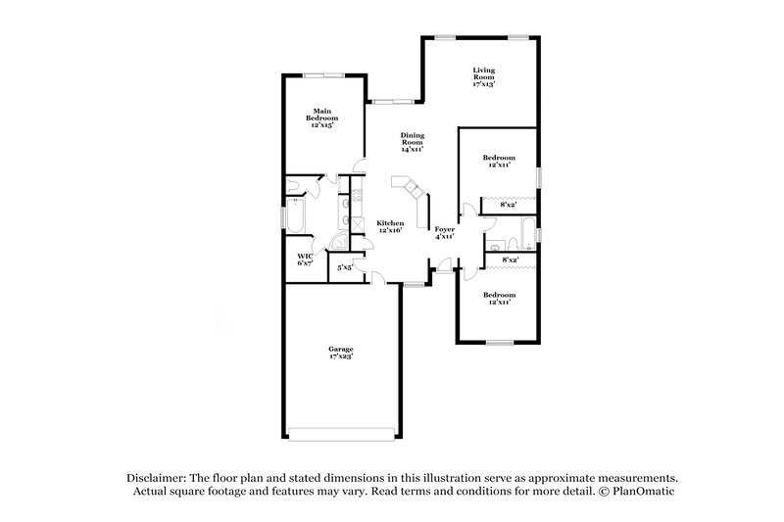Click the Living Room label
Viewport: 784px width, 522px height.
click(483, 77)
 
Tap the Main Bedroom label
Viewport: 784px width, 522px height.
click(325, 118)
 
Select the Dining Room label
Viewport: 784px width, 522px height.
click(411, 143)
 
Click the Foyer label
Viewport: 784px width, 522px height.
click(444, 232)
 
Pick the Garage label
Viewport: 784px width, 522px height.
click(340, 353)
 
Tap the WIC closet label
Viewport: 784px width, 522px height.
click(304, 260)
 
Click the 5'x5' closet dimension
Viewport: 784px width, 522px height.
click(344, 266)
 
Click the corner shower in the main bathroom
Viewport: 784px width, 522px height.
click(340, 244)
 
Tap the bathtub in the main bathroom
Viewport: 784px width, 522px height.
click(296, 217)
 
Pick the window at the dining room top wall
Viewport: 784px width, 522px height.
click(388, 100)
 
